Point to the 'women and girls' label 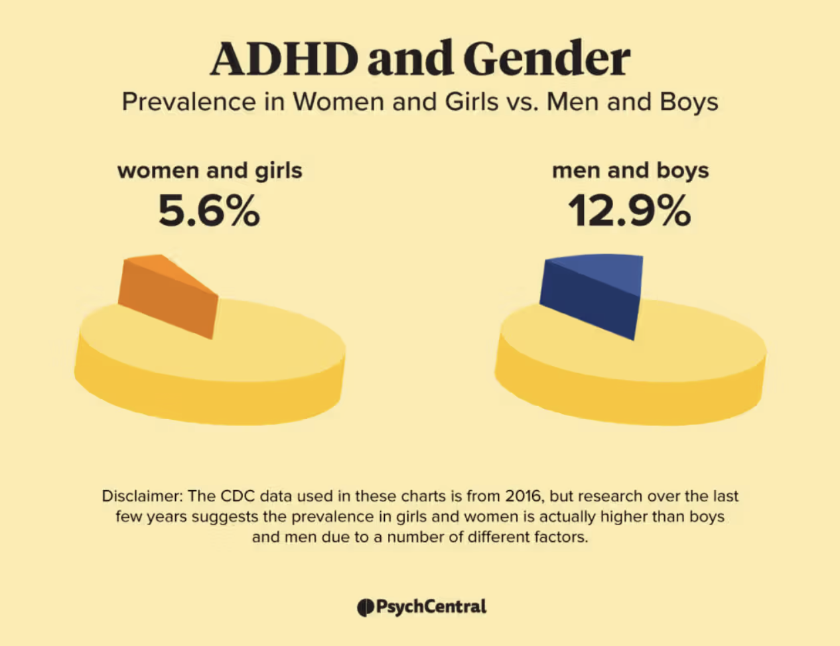[210, 170]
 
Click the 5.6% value [209, 211]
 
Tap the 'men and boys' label [630, 170]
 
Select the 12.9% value [629, 211]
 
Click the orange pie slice [170, 295]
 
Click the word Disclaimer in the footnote [142, 496]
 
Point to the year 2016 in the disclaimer [523, 496]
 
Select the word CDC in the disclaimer [238, 496]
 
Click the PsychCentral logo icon [365, 607]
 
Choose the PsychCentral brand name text [431, 607]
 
